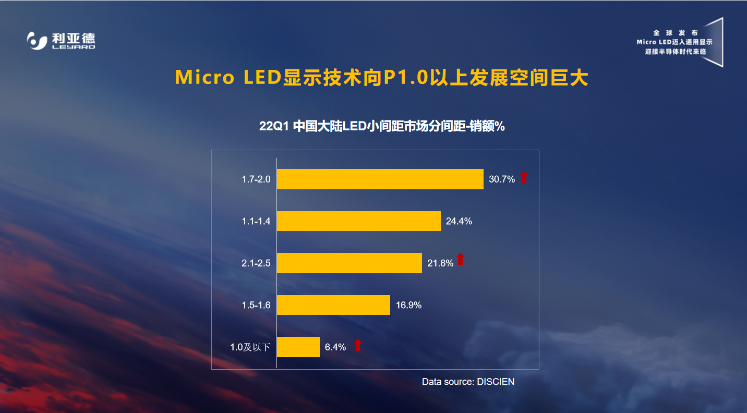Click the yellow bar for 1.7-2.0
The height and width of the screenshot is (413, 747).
click(380, 179)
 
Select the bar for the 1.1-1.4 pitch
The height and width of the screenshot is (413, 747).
click(358, 221)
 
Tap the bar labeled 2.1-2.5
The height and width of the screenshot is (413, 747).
click(349, 263)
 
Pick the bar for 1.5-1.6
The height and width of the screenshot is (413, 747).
click(333, 305)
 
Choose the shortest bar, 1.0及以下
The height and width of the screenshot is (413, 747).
click(298, 347)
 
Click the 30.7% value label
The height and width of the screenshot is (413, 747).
click(501, 179)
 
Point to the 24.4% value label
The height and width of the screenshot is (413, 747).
click(459, 221)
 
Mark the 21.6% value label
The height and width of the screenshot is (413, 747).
click(440, 263)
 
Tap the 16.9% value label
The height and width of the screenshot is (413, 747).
click(408, 305)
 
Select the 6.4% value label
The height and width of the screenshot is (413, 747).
click(335, 347)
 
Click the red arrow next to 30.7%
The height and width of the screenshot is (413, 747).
click(524, 177)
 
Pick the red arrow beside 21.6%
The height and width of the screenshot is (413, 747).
click(460, 259)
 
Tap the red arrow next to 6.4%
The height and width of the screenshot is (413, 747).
click(358, 345)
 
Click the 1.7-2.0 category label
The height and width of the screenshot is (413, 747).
click(256, 179)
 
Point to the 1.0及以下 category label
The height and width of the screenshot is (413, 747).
click(250, 347)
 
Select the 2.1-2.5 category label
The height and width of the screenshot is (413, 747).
click(256, 263)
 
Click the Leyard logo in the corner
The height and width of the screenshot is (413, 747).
click(61, 41)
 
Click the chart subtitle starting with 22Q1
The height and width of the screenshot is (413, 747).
click(381, 126)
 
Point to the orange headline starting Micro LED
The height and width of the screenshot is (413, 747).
click(381, 77)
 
